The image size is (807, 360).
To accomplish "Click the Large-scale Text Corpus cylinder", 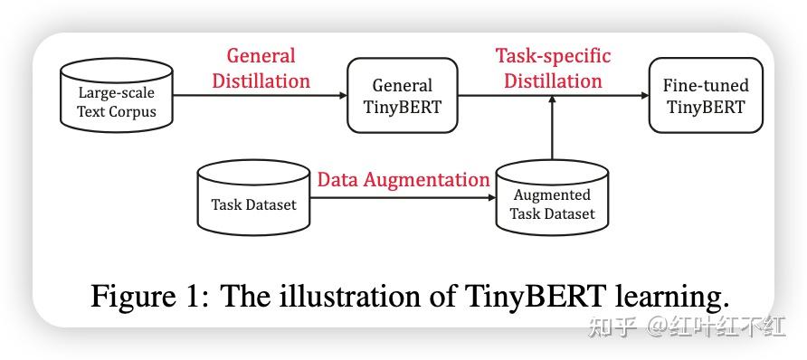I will pyautogui.click(x=117, y=99).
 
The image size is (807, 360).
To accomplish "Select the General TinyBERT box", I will pyautogui.click(x=402, y=96).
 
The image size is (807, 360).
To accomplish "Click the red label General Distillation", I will pyautogui.click(x=261, y=69).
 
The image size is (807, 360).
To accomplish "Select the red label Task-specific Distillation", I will pyautogui.click(x=553, y=69).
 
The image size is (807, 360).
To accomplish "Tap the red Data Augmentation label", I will pyautogui.click(x=403, y=180).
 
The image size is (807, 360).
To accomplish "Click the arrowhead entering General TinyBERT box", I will pyautogui.click(x=343, y=96).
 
